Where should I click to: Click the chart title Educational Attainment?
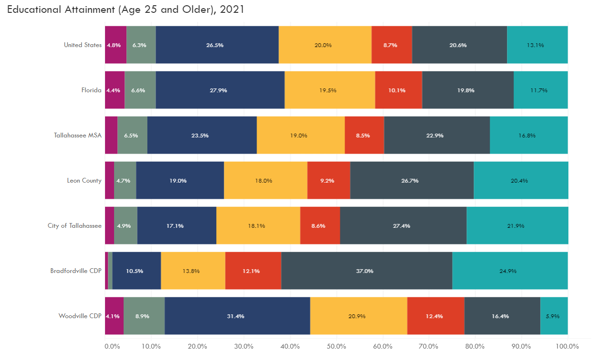coord(125,10)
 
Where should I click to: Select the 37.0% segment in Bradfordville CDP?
coord(366,271)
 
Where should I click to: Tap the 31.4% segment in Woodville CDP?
coord(237,316)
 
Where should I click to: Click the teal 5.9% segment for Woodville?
coord(554,316)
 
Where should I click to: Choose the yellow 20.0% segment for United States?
coord(325,45)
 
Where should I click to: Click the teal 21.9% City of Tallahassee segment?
coord(517,225)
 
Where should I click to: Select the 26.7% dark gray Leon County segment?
coord(412,180)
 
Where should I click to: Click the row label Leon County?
coord(84,180)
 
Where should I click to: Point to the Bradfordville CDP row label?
coord(76,271)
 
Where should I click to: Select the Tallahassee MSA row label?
coord(77,135)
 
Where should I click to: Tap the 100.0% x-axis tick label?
coord(567,346)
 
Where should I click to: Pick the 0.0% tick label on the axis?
coord(112,346)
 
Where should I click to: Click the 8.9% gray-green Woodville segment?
coord(144,316)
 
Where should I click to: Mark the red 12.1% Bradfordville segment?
coord(253,271)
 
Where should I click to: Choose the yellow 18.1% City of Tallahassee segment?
coord(258,225)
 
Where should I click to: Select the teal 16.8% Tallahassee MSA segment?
coord(529,135)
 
